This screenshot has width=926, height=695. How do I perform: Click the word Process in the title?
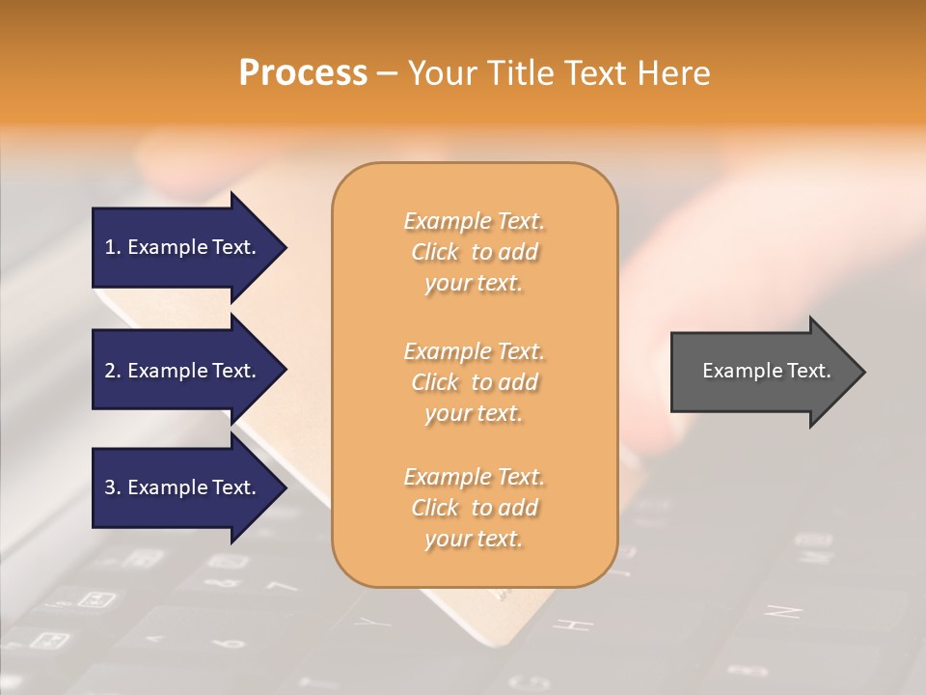[x=303, y=73]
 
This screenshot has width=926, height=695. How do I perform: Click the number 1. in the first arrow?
[x=113, y=247]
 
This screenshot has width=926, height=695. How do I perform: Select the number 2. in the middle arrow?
[x=113, y=371]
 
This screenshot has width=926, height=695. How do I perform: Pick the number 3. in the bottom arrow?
[x=113, y=487]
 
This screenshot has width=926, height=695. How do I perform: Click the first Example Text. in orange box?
[x=474, y=221]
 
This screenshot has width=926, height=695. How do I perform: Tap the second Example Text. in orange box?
[x=474, y=351]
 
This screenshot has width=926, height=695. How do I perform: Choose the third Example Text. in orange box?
[x=474, y=477]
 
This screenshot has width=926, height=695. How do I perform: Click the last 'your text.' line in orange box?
[x=474, y=539]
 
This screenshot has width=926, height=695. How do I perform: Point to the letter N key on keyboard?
[x=782, y=612]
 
